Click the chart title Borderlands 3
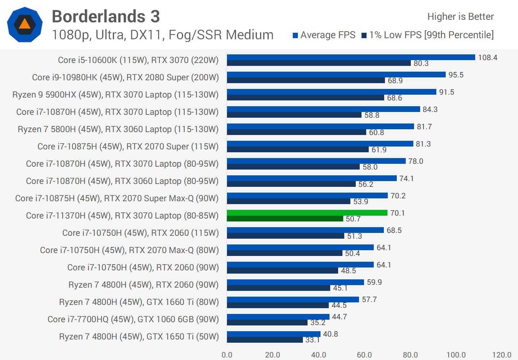coord(106,17)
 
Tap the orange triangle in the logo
coord(24,24)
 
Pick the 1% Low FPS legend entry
coord(428,35)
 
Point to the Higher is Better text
coord(460,17)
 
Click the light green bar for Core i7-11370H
coord(307,213)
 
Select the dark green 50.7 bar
coord(285,219)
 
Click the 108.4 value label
coord(487,58)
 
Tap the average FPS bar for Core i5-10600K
coord(351,57)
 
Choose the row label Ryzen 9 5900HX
coord(115,95)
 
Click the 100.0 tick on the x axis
coord(456,355)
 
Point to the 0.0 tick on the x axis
coord(227,355)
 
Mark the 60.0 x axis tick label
coord(364,355)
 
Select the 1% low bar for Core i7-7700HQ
coord(267,323)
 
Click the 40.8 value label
coord(330,334)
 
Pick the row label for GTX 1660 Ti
coord(139,302)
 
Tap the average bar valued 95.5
coord(336,75)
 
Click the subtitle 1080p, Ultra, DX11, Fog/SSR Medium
coord(163,35)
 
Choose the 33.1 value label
coord(312,340)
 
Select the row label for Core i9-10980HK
coord(125,77)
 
